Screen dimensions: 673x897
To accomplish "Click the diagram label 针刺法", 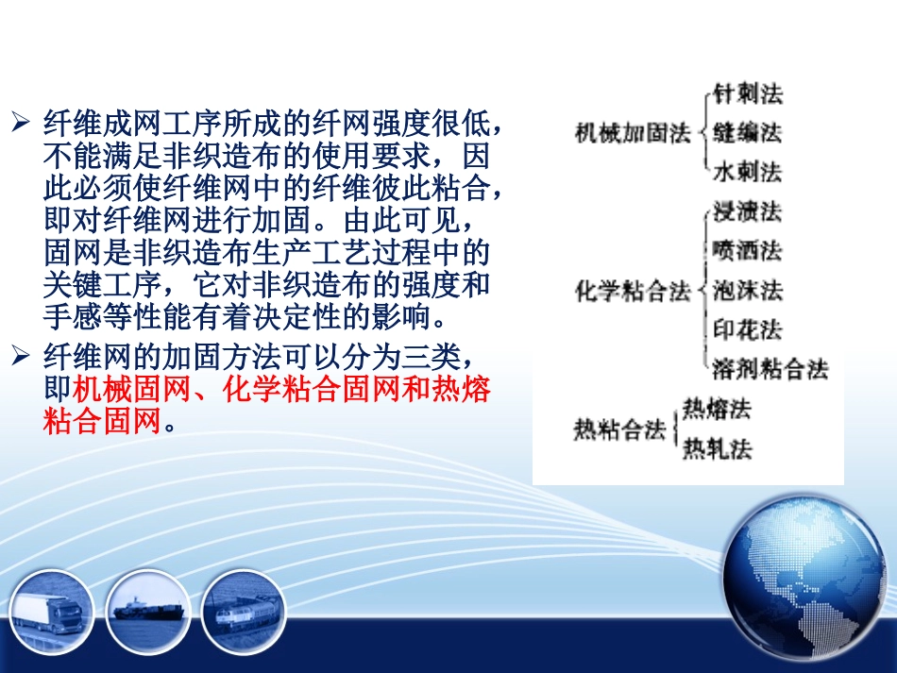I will [748, 93].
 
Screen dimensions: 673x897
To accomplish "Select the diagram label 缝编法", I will [748, 132].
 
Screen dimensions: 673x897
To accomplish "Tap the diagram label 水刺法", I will [748, 172].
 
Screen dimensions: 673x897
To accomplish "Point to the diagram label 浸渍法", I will [748, 211].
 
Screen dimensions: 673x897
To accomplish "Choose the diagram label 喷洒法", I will [748, 250].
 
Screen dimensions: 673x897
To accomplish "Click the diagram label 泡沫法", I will [748, 290].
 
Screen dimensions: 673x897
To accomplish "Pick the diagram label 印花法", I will [748, 329].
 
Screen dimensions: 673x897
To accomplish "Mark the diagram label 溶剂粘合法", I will [770, 368].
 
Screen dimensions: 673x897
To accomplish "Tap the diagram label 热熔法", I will [718, 409].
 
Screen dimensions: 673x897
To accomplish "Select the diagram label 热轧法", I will [718, 448].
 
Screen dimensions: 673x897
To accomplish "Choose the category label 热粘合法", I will [619, 430].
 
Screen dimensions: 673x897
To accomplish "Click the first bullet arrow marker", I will [21, 124].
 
